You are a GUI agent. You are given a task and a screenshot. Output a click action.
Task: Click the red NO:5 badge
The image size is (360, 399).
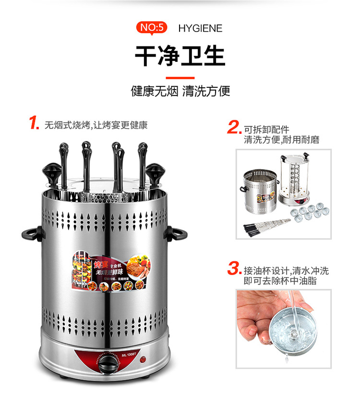point(152,28)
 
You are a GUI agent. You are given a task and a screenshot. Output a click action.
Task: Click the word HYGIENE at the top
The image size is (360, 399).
point(200,28)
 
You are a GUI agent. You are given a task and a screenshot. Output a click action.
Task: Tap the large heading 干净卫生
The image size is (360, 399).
point(180,56)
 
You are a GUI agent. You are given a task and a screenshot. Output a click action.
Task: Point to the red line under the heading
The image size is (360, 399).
point(180,78)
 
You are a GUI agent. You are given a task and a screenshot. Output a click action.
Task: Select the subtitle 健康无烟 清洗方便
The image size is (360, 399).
point(180,91)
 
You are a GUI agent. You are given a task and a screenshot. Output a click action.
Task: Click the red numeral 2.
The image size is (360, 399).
point(234,128)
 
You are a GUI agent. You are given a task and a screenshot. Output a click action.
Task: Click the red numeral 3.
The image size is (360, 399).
point(234,269)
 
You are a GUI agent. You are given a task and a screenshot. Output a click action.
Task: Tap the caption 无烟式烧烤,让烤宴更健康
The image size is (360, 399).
point(96,125)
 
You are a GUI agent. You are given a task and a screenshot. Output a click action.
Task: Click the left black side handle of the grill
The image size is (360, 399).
point(30,235)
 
